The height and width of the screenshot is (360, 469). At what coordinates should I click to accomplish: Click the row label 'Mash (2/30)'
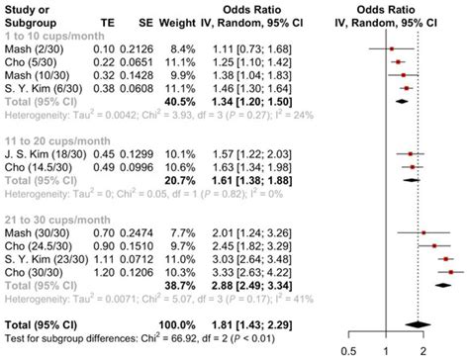[x=31, y=47]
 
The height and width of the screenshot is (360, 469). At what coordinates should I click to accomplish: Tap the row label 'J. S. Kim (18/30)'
[x=41, y=154]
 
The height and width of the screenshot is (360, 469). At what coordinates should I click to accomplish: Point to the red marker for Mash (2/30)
[x=390, y=47]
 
